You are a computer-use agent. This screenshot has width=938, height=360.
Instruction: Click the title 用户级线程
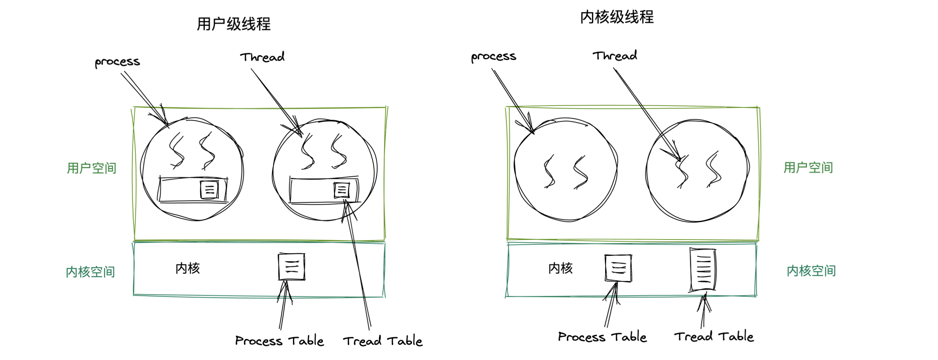click(x=234, y=24)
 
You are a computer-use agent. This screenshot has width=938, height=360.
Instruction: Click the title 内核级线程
click(x=617, y=17)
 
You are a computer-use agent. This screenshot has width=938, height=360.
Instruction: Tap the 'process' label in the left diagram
click(x=118, y=62)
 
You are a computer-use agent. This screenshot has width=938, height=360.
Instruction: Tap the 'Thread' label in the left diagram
click(x=263, y=57)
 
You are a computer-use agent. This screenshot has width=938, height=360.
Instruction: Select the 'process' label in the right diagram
click(x=494, y=57)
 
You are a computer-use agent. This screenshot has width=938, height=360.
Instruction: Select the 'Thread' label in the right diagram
click(x=615, y=55)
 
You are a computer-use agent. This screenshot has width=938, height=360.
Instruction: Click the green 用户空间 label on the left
click(x=91, y=168)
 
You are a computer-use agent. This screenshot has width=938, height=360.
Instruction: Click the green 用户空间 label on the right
click(x=808, y=168)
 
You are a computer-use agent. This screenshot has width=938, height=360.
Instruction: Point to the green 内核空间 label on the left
click(x=90, y=272)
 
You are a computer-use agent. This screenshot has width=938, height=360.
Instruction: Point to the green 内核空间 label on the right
click(x=811, y=271)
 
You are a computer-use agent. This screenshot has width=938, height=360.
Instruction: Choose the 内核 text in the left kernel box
click(x=188, y=268)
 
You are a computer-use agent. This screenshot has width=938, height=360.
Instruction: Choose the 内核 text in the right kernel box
click(x=561, y=268)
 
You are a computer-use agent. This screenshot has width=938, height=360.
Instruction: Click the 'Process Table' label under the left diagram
click(x=280, y=341)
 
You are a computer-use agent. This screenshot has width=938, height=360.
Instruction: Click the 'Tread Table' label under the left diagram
click(x=383, y=341)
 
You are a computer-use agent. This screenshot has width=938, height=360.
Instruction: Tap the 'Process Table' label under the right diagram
click(x=603, y=337)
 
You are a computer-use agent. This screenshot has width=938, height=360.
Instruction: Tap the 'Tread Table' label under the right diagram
click(x=714, y=336)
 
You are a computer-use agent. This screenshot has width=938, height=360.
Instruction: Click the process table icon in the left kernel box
click(x=292, y=267)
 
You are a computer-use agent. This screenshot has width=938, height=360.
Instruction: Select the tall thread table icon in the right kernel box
click(x=703, y=270)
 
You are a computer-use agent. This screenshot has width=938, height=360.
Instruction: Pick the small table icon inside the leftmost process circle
click(x=209, y=190)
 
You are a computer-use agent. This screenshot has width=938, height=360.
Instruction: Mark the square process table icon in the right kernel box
click(x=618, y=268)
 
